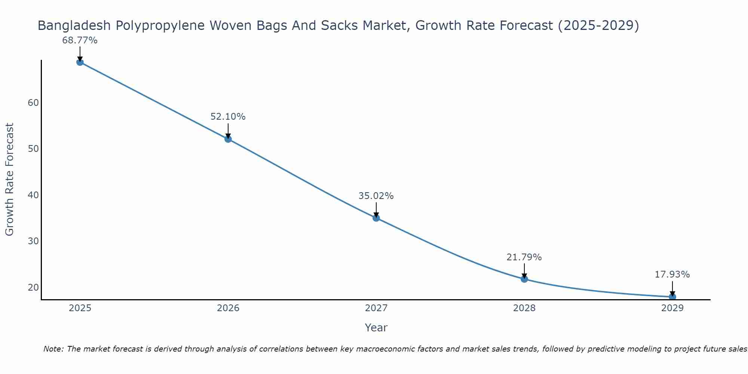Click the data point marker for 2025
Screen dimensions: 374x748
click(x=80, y=62)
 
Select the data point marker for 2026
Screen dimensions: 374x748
click(x=228, y=139)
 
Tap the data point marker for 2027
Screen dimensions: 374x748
click(x=376, y=218)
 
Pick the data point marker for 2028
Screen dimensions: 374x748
click(x=524, y=279)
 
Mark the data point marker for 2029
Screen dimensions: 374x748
click(x=672, y=297)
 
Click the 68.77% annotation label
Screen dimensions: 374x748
click(x=80, y=40)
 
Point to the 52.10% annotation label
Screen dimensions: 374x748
click(x=228, y=117)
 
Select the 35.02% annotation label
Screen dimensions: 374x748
click(x=376, y=196)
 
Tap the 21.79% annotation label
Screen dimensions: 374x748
click(x=524, y=257)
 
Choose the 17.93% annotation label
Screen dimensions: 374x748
click(x=672, y=275)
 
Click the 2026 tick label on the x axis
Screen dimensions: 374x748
click(x=228, y=308)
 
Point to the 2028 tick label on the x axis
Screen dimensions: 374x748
click(x=524, y=308)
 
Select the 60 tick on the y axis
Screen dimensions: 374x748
click(x=33, y=103)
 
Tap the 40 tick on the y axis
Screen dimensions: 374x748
click(x=33, y=195)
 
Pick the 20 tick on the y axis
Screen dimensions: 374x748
click(x=33, y=287)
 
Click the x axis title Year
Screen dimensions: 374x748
click(x=376, y=328)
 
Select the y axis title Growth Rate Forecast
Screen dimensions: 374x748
click(x=10, y=180)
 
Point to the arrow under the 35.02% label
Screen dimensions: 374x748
click(x=376, y=209)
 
